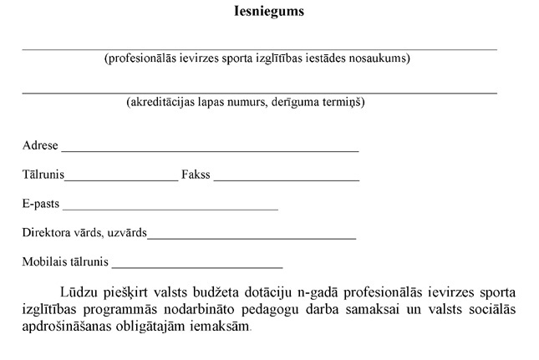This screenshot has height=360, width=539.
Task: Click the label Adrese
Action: tap(40, 145)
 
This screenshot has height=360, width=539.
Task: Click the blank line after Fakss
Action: tap(287, 179)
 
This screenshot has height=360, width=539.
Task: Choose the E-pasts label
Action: tap(41, 204)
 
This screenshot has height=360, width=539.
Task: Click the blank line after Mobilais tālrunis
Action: tap(197, 266)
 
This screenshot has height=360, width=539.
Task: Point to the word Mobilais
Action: tap(43, 262)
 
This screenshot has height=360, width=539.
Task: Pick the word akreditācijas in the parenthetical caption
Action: tap(160, 103)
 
